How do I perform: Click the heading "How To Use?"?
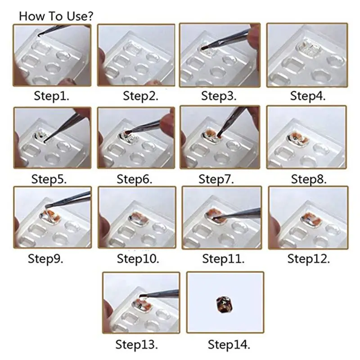point(56,16)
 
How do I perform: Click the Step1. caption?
point(51,96)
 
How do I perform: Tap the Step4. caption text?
point(308,96)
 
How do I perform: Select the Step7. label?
point(216,179)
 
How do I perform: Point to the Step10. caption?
point(138,259)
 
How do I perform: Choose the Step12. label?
point(309,259)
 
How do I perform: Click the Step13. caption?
point(137,344)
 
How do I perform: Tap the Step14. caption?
point(229,344)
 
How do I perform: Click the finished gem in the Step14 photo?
point(224,305)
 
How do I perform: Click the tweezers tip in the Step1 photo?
point(40,35)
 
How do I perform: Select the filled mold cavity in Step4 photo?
point(308,49)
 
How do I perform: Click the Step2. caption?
point(140,96)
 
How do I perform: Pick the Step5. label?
point(49,179)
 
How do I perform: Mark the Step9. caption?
point(45,259)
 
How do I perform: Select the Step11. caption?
point(223,259)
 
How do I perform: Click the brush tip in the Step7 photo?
point(219,135)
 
